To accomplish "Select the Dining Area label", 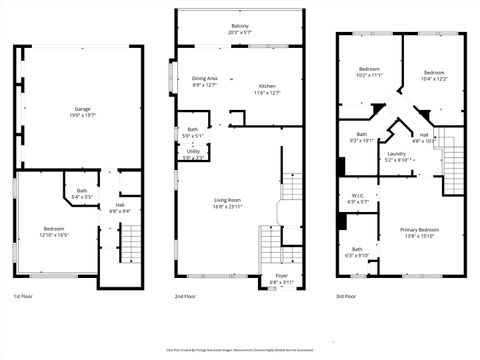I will pyautogui.click(x=205, y=78).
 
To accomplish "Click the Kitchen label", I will pyautogui.click(x=267, y=87).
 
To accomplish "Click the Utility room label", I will pyautogui.click(x=192, y=152).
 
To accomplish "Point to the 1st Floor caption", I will pyautogui.click(x=24, y=297).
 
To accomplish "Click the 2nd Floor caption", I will pyautogui.click(x=185, y=297).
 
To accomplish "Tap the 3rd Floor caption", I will pyautogui.click(x=347, y=297).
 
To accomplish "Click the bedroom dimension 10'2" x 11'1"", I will pyautogui.click(x=370, y=75).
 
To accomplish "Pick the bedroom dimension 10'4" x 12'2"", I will pyautogui.click(x=434, y=79).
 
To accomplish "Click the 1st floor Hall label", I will pyautogui.click(x=119, y=206).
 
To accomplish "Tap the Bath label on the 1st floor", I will pyautogui.click(x=82, y=191).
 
